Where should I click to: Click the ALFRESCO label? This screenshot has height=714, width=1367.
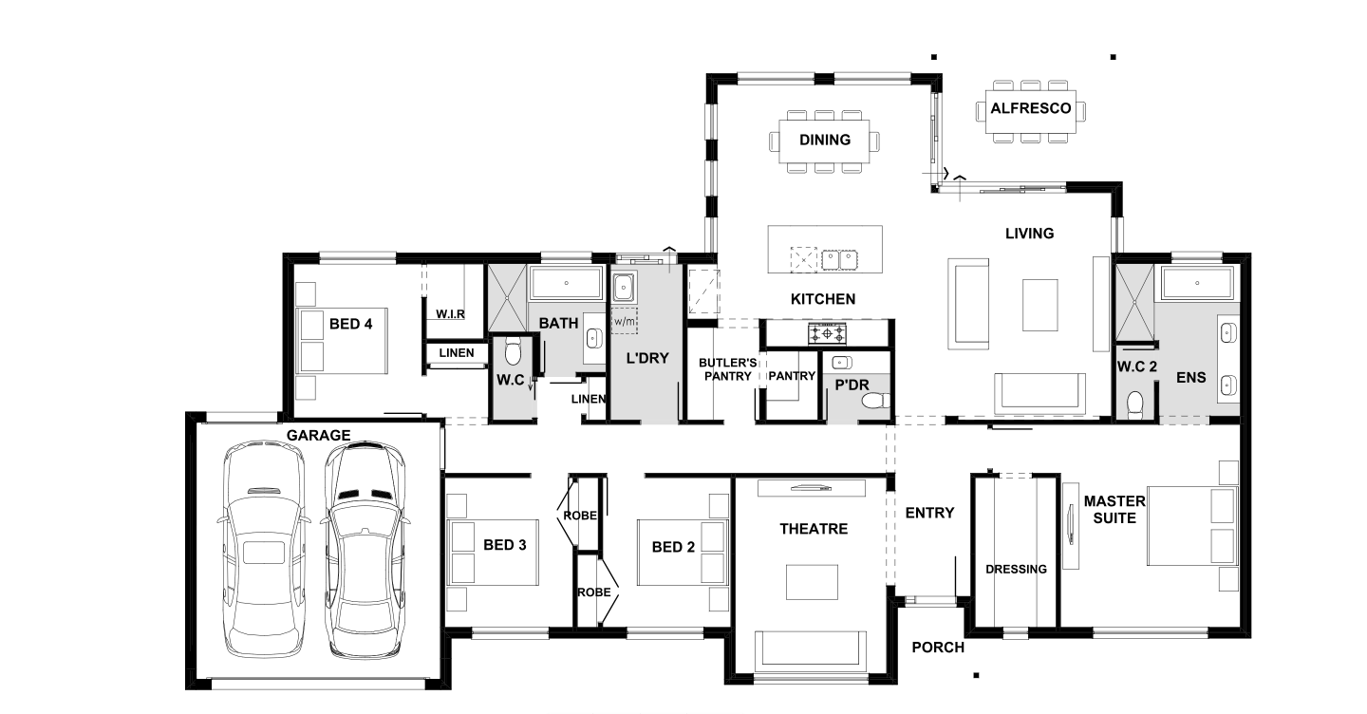click(1030, 108)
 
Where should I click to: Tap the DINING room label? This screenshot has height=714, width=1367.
click(824, 141)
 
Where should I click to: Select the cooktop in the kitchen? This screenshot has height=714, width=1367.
click(827, 333)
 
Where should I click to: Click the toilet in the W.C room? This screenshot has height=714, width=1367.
click(513, 352)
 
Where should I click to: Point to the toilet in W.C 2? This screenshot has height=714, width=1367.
click(1134, 404)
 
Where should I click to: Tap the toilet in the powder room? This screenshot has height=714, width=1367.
click(875, 401)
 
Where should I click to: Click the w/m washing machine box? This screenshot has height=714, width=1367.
click(624, 321)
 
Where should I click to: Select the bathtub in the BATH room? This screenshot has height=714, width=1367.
click(566, 283)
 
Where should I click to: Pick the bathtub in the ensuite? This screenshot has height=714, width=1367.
click(1197, 283)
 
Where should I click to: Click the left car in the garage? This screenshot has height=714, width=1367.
click(263, 549)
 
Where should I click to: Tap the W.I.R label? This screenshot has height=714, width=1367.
click(450, 314)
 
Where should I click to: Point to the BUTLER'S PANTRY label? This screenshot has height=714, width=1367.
click(727, 369)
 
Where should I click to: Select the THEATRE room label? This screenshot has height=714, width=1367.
click(814, 529)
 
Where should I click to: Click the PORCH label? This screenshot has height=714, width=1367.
click(938, 648)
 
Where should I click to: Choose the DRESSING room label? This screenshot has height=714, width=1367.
click(1016, 570)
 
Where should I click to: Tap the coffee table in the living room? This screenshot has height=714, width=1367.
click(1039, 305)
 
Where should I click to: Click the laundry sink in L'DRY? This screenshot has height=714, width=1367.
click(624, 287)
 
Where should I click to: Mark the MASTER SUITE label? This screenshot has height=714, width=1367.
click(1114, 510)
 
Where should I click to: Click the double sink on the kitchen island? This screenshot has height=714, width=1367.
click(839, 260)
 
